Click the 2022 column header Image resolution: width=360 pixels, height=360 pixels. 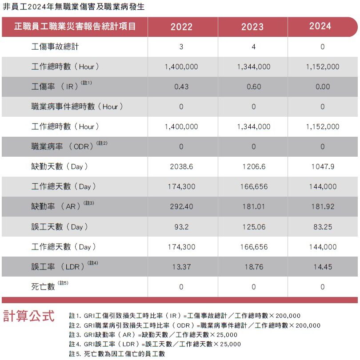pos(181,27)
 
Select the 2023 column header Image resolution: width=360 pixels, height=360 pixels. pos(252,27)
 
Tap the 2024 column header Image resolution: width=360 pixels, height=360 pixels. pos(320,26)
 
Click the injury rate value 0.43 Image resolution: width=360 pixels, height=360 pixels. pos(181,87)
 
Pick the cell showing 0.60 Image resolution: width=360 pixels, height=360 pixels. pos(254,87)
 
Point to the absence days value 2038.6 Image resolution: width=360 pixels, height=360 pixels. pos(181,167)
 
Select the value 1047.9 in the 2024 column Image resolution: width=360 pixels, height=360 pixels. pos(322,167)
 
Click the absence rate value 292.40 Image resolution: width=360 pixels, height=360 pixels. pos(181,207)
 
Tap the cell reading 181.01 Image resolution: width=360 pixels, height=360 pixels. pos(254,207)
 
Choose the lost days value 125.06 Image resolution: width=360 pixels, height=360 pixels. pos(254,227)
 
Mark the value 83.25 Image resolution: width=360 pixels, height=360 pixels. pos(322,227)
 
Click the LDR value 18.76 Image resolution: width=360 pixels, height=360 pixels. pos(254,267)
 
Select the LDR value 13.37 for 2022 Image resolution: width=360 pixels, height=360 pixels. pos(181,267)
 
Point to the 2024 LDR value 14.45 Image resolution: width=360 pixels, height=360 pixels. pos(322,267)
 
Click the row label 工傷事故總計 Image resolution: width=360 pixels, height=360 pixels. pos(56,47)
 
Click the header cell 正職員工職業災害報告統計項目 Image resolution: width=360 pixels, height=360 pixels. pos(75,27)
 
